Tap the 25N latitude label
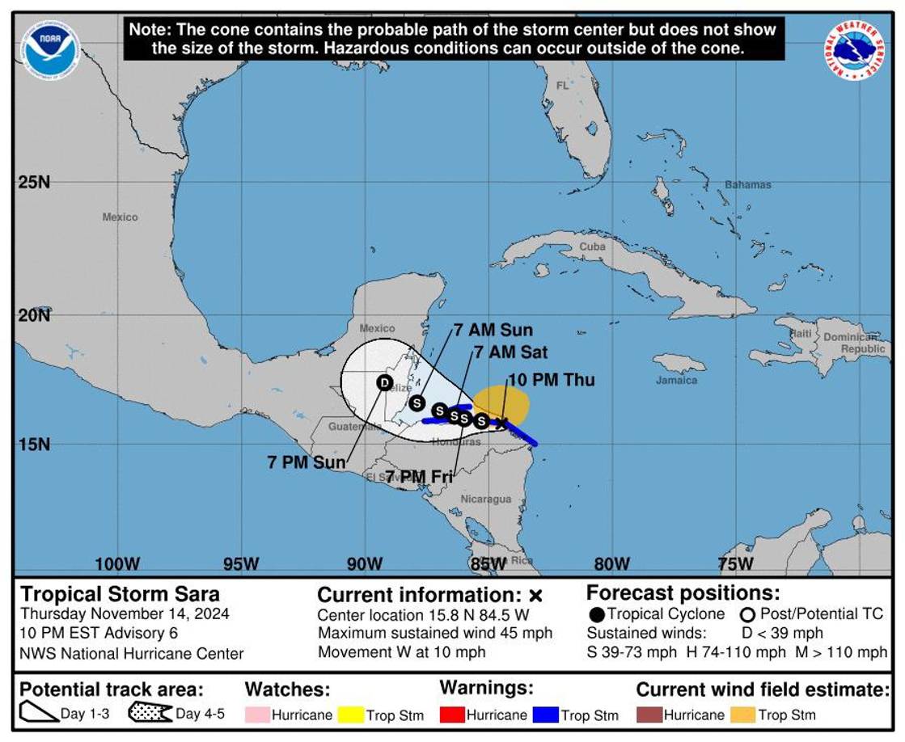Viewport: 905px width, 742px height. click(34, 182)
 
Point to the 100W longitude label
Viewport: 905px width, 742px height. click(117, 563)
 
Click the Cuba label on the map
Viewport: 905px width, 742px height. click(592, 247)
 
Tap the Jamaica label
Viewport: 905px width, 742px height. click(676, 380)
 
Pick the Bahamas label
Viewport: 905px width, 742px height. click(747, 185)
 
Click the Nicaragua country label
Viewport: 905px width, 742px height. click(486, 500)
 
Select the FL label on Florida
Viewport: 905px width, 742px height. click(562, 86)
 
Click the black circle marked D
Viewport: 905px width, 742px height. click(384, 382)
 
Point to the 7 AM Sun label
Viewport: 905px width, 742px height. click(493, 330)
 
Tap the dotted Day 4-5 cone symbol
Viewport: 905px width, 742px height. click(150, 713)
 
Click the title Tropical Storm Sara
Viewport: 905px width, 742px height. click(120, 594)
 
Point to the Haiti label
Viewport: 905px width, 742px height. click(801, 333)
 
